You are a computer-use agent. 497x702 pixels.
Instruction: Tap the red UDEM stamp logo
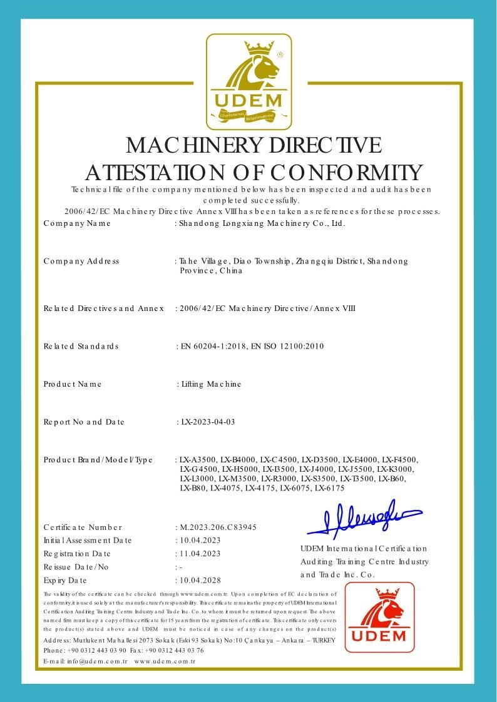[379, 617]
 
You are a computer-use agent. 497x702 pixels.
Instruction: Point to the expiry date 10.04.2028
[200, 580]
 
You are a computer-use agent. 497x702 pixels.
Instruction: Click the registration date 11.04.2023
[200, 554]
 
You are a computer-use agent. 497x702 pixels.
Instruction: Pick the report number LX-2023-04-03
[207, 422]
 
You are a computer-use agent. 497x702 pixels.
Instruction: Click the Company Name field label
[77, 223]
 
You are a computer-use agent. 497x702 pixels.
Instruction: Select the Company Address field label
[81, 262]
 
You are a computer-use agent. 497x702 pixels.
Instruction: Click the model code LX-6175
[330, 488]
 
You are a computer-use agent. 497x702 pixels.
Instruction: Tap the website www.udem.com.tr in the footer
[165, 661]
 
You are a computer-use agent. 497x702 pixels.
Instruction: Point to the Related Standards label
[81, 346]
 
